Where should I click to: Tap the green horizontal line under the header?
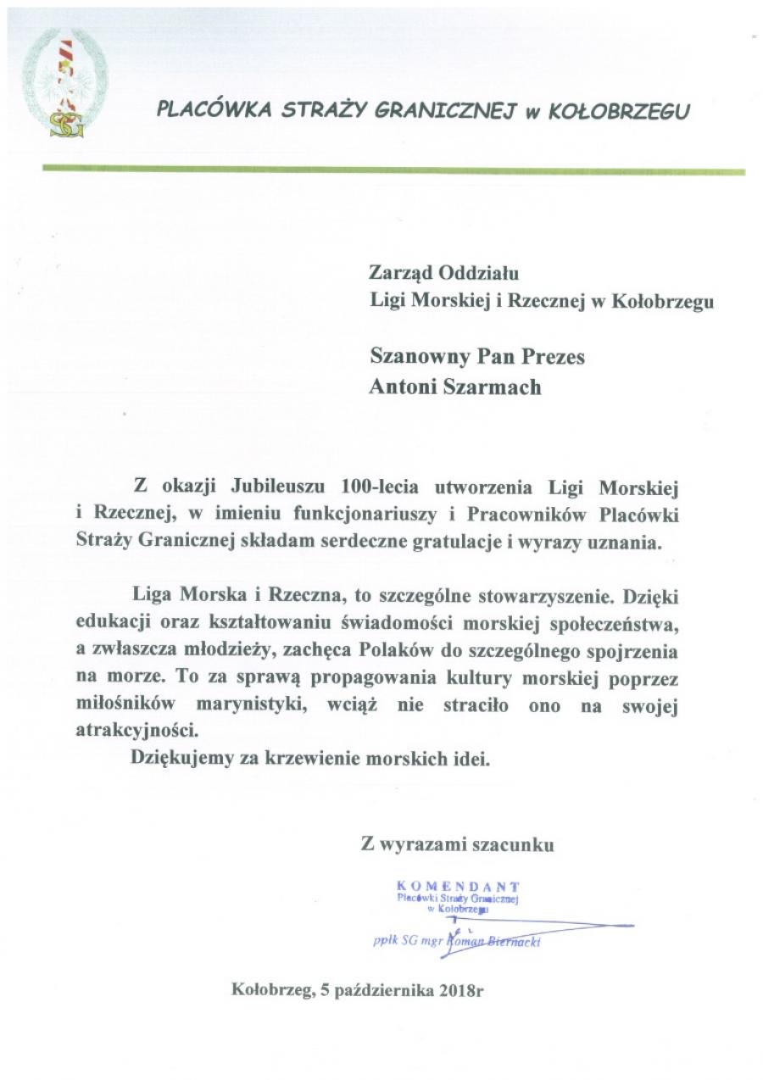pyautogui.click(x=393, y=170)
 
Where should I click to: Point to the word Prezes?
pyautogui.click(x=550, y=357)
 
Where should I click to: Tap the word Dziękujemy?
pyautogui.click(x=175, y=759)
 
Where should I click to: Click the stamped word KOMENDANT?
pyautogui.click(x=459, y=886)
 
